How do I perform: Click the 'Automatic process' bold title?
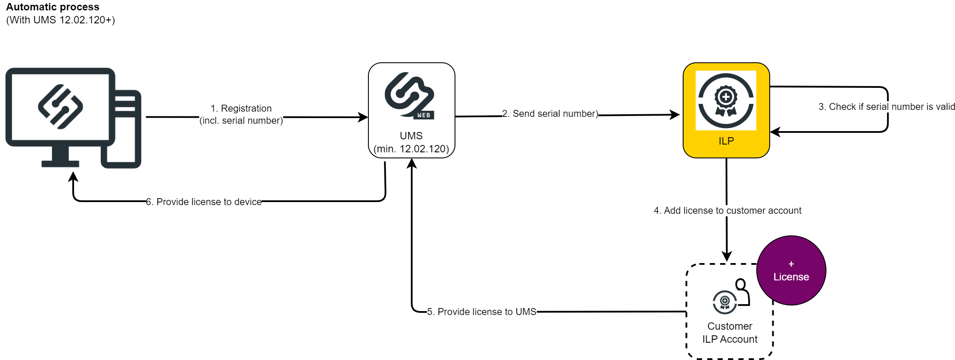[x=52, y=7]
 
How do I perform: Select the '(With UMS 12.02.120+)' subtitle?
[x=61, y=20]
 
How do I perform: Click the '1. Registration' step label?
[x=241, y=108]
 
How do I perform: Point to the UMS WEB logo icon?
[x=410, y=96]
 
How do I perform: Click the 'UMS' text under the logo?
[x=411, y=136]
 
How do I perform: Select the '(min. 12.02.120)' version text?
[x=411, y=149]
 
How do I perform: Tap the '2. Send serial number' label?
[x=550, y=114]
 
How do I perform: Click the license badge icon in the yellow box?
[x=726, y=100]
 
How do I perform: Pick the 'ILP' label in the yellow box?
[x=726, y=141]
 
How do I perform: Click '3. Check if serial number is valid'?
[x=886, y=107]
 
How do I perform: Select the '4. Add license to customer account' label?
[x=727, y=211]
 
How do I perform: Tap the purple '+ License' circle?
[x=791, y=271]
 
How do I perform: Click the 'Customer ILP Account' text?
[x=730, y=333]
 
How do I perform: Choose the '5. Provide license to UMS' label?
[x=481, y=312]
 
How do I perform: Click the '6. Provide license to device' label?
[x=204, y=202]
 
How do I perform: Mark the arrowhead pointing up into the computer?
[x=74, y=176]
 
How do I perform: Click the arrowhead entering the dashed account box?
[x=727, y=257]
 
